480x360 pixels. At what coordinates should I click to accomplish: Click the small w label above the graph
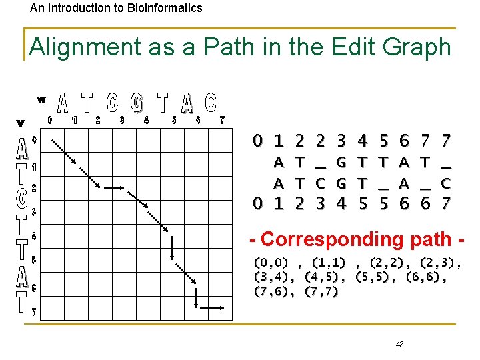(41, 100)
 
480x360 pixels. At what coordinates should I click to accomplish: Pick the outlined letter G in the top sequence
(136, 103)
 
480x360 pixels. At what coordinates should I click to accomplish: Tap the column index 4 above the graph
(147, 121)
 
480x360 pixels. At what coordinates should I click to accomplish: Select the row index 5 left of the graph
(33, 259)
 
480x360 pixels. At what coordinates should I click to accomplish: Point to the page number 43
(399, 344)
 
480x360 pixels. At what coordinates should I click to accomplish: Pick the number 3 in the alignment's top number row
(342, 141)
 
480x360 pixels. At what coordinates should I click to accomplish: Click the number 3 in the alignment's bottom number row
(321, 202)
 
